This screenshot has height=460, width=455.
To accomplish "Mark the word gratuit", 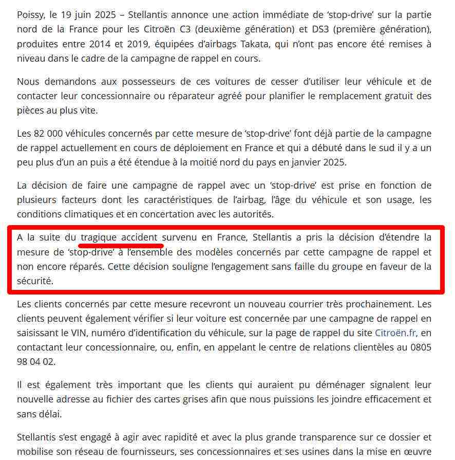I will coord(388,96).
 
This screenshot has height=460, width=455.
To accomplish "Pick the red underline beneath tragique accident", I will coord(122,245).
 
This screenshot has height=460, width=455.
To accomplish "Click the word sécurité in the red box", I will coord(34,281).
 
